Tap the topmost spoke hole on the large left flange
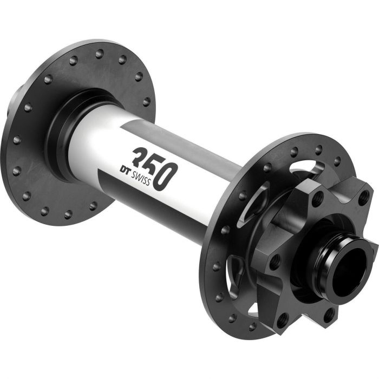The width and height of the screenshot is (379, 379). [x=99, y=53]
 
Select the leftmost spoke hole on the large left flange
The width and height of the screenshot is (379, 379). [x=16, y=140]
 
